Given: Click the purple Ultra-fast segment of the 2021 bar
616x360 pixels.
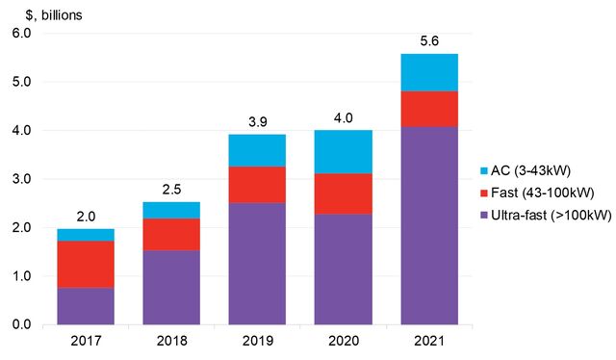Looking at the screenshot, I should [x=428, y=225].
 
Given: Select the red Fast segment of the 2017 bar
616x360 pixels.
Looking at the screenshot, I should [x=85, y=264].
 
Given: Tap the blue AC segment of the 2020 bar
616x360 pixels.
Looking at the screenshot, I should [x=343, y=151].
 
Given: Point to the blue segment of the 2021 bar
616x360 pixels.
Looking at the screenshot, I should [x=428, y=72].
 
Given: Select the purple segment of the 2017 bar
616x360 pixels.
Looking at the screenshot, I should [x=85, y=306].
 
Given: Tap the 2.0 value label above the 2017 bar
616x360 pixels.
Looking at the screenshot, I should [x=85, y=216].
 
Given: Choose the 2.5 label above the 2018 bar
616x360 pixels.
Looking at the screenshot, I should [x=170, y=190].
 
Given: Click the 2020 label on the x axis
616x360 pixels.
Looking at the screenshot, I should [x=343, y=342].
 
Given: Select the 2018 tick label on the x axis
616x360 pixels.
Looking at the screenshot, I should [x=170, y=342].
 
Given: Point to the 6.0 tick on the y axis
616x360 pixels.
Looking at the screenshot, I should [x=20, y=33].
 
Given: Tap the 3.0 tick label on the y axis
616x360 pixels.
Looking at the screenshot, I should [x=20, y=179].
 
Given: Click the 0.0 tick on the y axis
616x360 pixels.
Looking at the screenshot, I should [x=20, y=325].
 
